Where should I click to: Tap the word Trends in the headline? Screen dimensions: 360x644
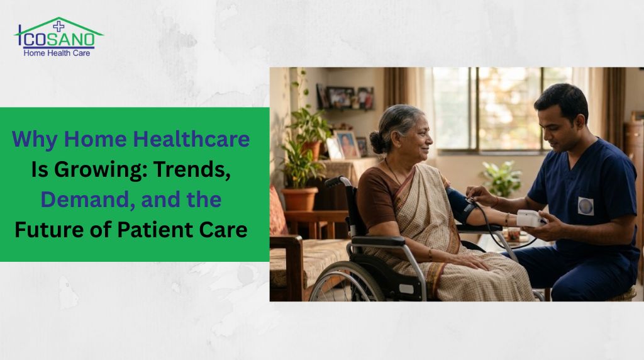point(197,169)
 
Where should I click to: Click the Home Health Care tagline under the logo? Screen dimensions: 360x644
point(57,53)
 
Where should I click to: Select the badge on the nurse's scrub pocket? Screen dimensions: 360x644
point(586,206)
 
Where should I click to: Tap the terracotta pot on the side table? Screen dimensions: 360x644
point(299,198)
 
